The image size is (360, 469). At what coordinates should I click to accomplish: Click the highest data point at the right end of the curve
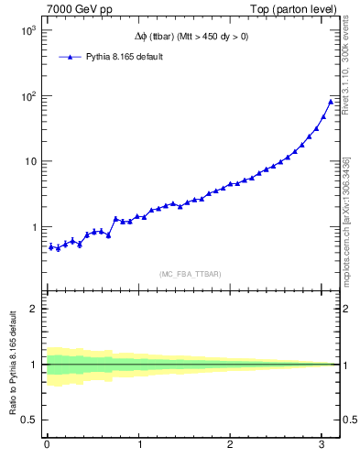(331, 101)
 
